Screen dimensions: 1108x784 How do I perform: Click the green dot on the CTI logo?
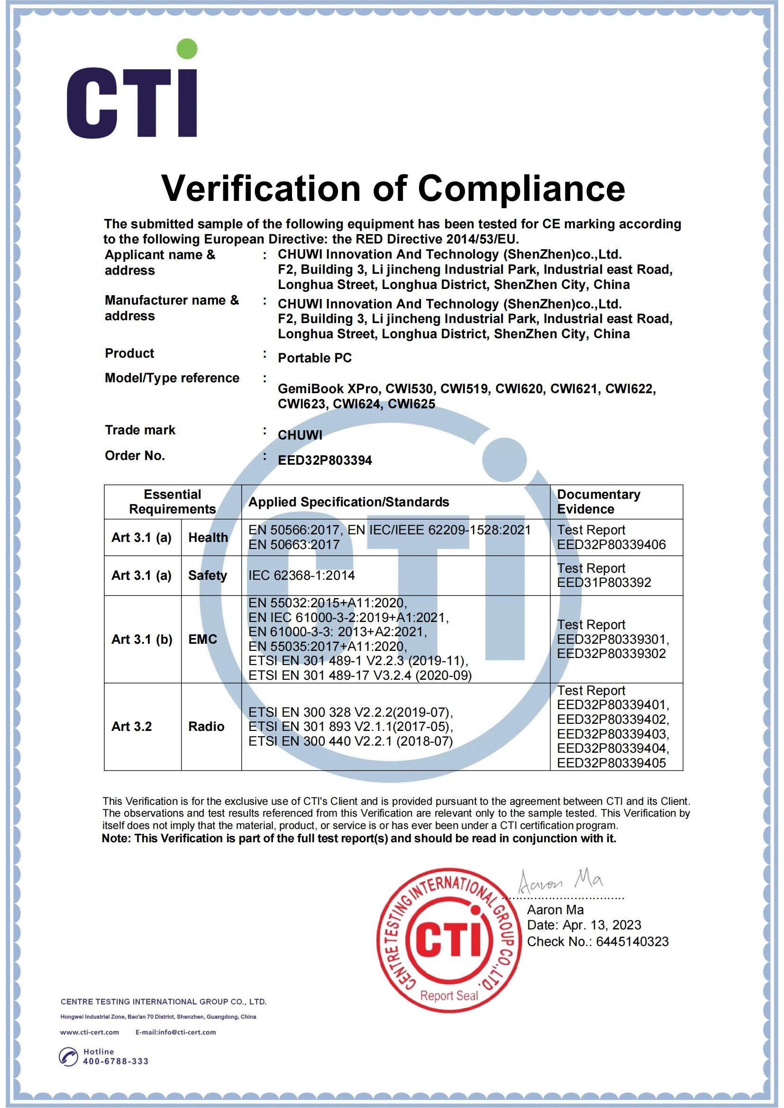tap(187, 50)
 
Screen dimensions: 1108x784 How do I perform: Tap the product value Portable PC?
tap(315, 358)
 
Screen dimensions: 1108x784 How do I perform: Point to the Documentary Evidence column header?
tap(599, 501)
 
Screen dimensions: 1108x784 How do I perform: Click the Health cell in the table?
tap(208, 537)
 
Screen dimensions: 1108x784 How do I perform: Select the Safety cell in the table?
tap(208, 575)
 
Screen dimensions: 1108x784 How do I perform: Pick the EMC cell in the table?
tap(203, 639)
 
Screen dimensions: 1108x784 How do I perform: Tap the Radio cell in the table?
tap(206, 726)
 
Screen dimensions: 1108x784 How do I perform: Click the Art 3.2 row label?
tap(132, 726)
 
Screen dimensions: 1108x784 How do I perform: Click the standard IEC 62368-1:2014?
tap(302, 575)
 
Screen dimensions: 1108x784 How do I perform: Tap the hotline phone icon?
tap(68, 1056)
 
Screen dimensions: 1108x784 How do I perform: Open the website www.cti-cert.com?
tap(90, 1032)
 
